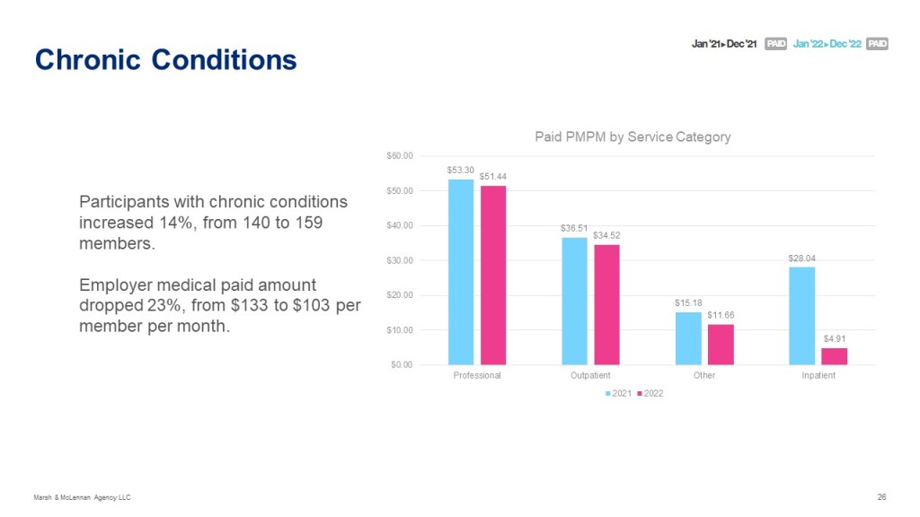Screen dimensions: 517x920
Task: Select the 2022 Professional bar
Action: click(493, 275)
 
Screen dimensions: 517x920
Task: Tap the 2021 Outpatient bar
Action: click(574, 301)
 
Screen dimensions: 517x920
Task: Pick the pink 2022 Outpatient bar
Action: click(606, 304)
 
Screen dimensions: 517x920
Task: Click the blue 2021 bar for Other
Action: click(688, 338)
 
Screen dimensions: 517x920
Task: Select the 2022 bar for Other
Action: click(721, 345)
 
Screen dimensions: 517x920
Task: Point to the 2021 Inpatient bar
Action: click(802, 316)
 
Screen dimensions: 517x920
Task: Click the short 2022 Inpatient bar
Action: click(835, 356)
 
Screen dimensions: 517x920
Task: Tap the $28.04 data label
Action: click(802, 258)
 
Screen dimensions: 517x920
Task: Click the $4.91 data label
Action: click(835, 339)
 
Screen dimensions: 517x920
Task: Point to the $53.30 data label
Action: click(460, 170)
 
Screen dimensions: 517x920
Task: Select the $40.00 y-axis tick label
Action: click(402, 225)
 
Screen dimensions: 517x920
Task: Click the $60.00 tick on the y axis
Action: click(402, 156)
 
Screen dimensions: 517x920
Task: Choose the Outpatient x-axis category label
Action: click(590, 375)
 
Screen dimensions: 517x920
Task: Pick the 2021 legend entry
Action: click(619, 394)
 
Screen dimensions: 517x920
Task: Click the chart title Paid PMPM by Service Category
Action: click(632, 137)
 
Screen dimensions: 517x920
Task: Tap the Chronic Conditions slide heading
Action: click(165, 59)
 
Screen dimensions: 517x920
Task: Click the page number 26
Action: click(881, 497)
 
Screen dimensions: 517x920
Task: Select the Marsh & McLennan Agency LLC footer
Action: click(83, 497)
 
